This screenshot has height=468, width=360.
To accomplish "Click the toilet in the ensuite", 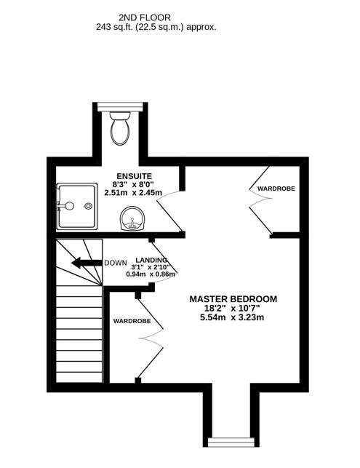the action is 120,128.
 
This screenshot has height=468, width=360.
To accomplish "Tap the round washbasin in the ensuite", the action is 132,218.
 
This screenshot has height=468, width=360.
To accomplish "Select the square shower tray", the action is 77,206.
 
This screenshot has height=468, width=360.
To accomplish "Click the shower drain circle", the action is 88,206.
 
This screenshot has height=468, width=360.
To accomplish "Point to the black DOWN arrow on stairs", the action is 87,263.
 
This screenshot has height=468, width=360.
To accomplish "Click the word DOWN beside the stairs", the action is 116,263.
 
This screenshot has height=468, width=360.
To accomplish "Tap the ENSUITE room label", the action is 135,176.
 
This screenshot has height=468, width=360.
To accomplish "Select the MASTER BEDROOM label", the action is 233,299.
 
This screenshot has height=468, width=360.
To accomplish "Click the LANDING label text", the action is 151,260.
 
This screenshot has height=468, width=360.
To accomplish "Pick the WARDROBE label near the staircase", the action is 132,321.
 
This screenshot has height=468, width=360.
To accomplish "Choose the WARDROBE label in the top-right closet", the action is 276,189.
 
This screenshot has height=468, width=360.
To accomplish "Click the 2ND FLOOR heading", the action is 145,17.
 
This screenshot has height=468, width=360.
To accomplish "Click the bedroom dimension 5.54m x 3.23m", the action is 232,317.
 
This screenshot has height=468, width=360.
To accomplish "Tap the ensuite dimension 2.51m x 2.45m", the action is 133,193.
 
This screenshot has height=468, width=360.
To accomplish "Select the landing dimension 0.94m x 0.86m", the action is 151,274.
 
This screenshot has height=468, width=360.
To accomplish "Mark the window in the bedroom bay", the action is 231,443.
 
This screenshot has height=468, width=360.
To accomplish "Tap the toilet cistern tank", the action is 120,115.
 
